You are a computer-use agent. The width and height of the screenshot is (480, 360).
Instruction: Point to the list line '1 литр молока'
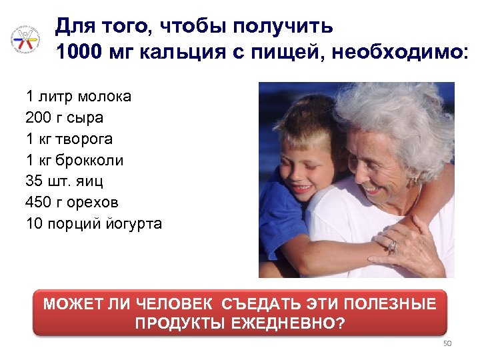[79, 97]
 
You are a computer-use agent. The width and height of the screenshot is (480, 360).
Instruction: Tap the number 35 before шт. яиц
[34, 181]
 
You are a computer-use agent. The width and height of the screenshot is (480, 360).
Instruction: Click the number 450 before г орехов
[39, 202]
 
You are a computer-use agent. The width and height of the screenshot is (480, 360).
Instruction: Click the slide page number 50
[447, 343]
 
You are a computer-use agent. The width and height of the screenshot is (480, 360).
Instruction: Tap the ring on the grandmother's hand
[392, 247]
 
